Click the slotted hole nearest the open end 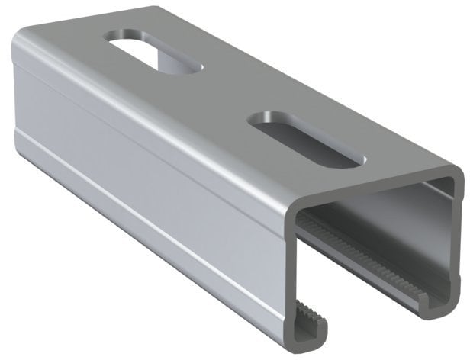click(305, 140)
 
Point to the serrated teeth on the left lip click(304, 313)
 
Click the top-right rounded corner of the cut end click(455, 174)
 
